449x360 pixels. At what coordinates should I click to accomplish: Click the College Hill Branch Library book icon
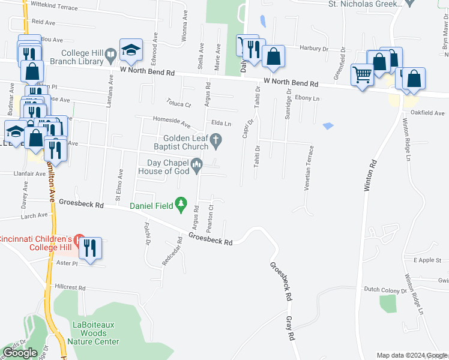[110, 56]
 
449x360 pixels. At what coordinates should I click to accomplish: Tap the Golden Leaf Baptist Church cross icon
[217, 142]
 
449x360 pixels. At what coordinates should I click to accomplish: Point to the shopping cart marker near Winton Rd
[363, 76]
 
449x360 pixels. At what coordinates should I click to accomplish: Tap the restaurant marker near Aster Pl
[91, 248]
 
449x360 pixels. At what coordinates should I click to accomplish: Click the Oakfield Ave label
[427, 113]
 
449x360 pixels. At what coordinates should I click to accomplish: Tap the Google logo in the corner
[20, 353]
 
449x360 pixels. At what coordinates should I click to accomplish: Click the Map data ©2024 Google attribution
[412, 355]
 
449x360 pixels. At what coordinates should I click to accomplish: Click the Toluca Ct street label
[179, 104]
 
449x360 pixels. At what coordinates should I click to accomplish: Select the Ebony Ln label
[307, 98]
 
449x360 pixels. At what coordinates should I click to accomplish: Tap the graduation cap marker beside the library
[130, 50]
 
